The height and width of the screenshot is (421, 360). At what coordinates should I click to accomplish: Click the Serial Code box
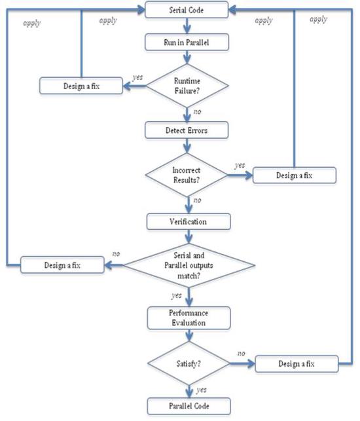tap(188, 10)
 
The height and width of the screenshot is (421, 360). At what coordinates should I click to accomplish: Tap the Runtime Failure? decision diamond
tap(188, 85)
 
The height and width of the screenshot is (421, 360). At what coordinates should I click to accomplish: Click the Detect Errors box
tap(188, 131)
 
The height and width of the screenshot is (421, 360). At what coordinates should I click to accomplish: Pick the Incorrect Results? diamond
tap(188, 175)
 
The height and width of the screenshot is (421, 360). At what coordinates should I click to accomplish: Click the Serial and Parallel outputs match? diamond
tap(190, 266)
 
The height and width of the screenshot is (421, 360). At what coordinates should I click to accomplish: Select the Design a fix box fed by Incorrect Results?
tap(295, 175)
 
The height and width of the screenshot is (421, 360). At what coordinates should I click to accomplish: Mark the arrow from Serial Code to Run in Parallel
tap(188, 24)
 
